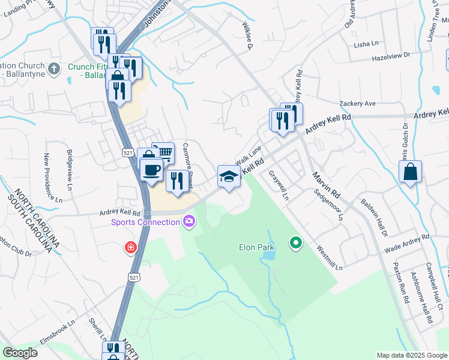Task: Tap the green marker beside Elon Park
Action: [x=295, y=244]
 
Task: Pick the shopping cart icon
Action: [x=163, y=152]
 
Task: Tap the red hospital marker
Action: [x=130, y=247]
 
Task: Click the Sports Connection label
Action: [x=146, y=223]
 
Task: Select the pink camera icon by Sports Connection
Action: [x=190, y=223]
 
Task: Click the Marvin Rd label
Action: [x=326, y=185]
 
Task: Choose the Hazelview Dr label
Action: [x=390, y=55]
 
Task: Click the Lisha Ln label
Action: [x=367, y=44]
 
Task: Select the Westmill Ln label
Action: [x=329, y=256]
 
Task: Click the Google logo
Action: [x=20, y=353]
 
